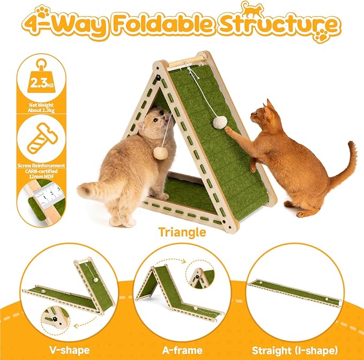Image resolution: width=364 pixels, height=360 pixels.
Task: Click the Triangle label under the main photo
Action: pyautogui.click(x=182, y=232)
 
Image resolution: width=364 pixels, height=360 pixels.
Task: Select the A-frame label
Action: pyautogui.click(x=181, y=335)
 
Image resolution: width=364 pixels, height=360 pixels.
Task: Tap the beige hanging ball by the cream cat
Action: pyautogui.click(x=160, y=153)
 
